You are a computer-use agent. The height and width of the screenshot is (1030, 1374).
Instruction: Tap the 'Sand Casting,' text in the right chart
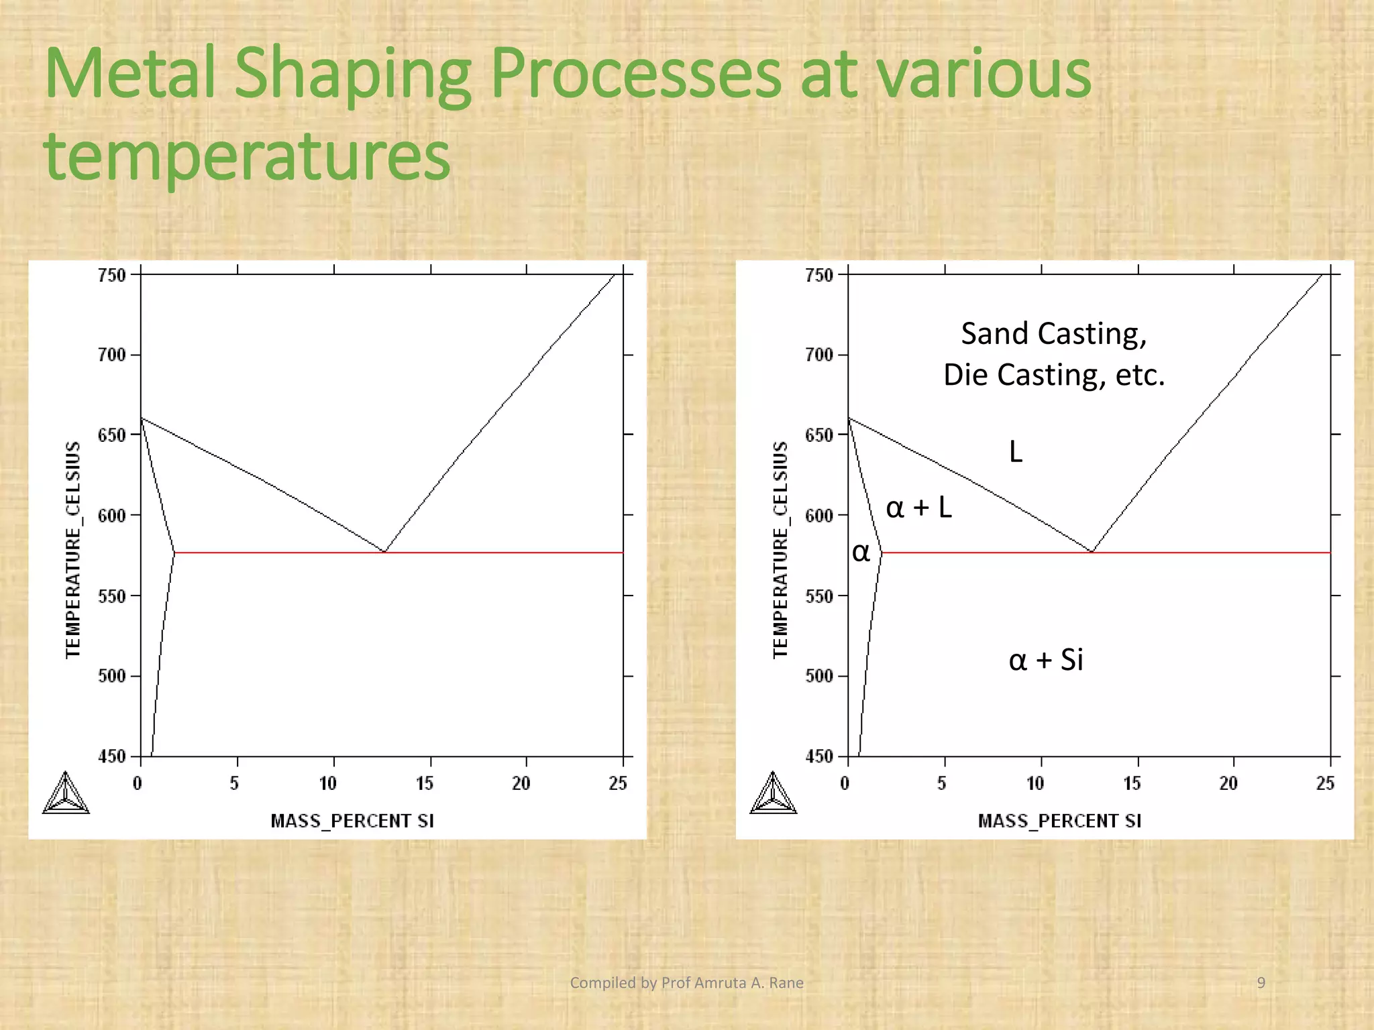tap(1054, 333)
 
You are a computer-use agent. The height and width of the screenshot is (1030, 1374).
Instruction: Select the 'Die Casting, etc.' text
tap(1054, 374)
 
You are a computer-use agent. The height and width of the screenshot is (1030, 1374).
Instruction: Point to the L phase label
tap(1016, 452)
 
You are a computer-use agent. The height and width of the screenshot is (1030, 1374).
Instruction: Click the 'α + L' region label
tap(918, 508)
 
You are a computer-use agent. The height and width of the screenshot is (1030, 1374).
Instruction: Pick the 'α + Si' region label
tap(1046, 660)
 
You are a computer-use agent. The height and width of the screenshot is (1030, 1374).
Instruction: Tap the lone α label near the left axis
tap(861, 553)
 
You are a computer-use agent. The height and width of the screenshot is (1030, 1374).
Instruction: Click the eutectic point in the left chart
tap(384, 551)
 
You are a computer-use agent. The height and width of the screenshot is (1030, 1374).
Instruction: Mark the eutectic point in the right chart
tap(1092, 551)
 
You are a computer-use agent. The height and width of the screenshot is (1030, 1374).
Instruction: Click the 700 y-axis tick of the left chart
tap(112, 355)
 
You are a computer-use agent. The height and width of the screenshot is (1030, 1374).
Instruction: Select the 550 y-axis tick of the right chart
tap(819, 596)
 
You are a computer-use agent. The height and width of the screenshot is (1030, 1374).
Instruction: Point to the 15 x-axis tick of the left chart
tap(425, 783)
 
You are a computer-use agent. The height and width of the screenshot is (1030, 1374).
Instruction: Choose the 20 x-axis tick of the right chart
tap(1228, 783)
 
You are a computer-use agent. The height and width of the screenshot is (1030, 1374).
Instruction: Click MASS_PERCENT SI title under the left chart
tap(352, 821)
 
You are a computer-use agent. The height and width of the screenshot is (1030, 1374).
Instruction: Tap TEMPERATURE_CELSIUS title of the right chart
tap(780, 550)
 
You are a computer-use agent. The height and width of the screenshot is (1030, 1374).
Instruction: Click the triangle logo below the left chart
tap(66, 793)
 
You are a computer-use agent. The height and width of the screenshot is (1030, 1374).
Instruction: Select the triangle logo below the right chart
tap(773, 793)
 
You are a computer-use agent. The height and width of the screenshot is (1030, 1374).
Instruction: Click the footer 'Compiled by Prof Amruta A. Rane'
tap(686, 983)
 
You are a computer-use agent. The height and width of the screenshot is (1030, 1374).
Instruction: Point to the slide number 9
tap(1261, 983)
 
